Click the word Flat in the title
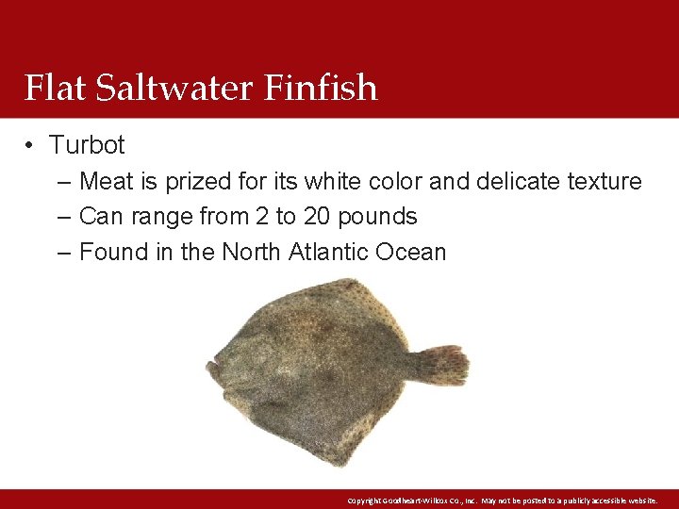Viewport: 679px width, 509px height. pyautogui.click(x=53, y=88)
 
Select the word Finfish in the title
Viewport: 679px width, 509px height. pyautogui.click(x=321, y=88)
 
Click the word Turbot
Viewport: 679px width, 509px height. pyautogui.click(x=87, y=145)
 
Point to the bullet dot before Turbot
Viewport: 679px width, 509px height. pyautogui.click(x=30, y=145)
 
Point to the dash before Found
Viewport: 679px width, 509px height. pyautogui.click(x=63, y=253)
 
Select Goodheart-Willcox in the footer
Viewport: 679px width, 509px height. pyautogui.click(x=424, y=500)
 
